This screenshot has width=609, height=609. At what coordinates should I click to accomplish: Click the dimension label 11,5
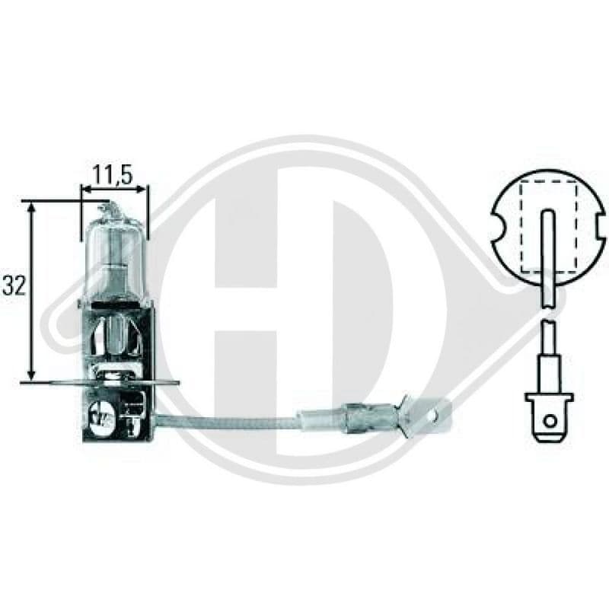point(113,175)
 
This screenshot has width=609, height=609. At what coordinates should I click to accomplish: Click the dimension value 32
point(14,285)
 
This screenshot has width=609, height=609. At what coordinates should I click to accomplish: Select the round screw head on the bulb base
point(100,415)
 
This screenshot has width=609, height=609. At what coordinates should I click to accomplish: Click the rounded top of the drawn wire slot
point(547,213)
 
